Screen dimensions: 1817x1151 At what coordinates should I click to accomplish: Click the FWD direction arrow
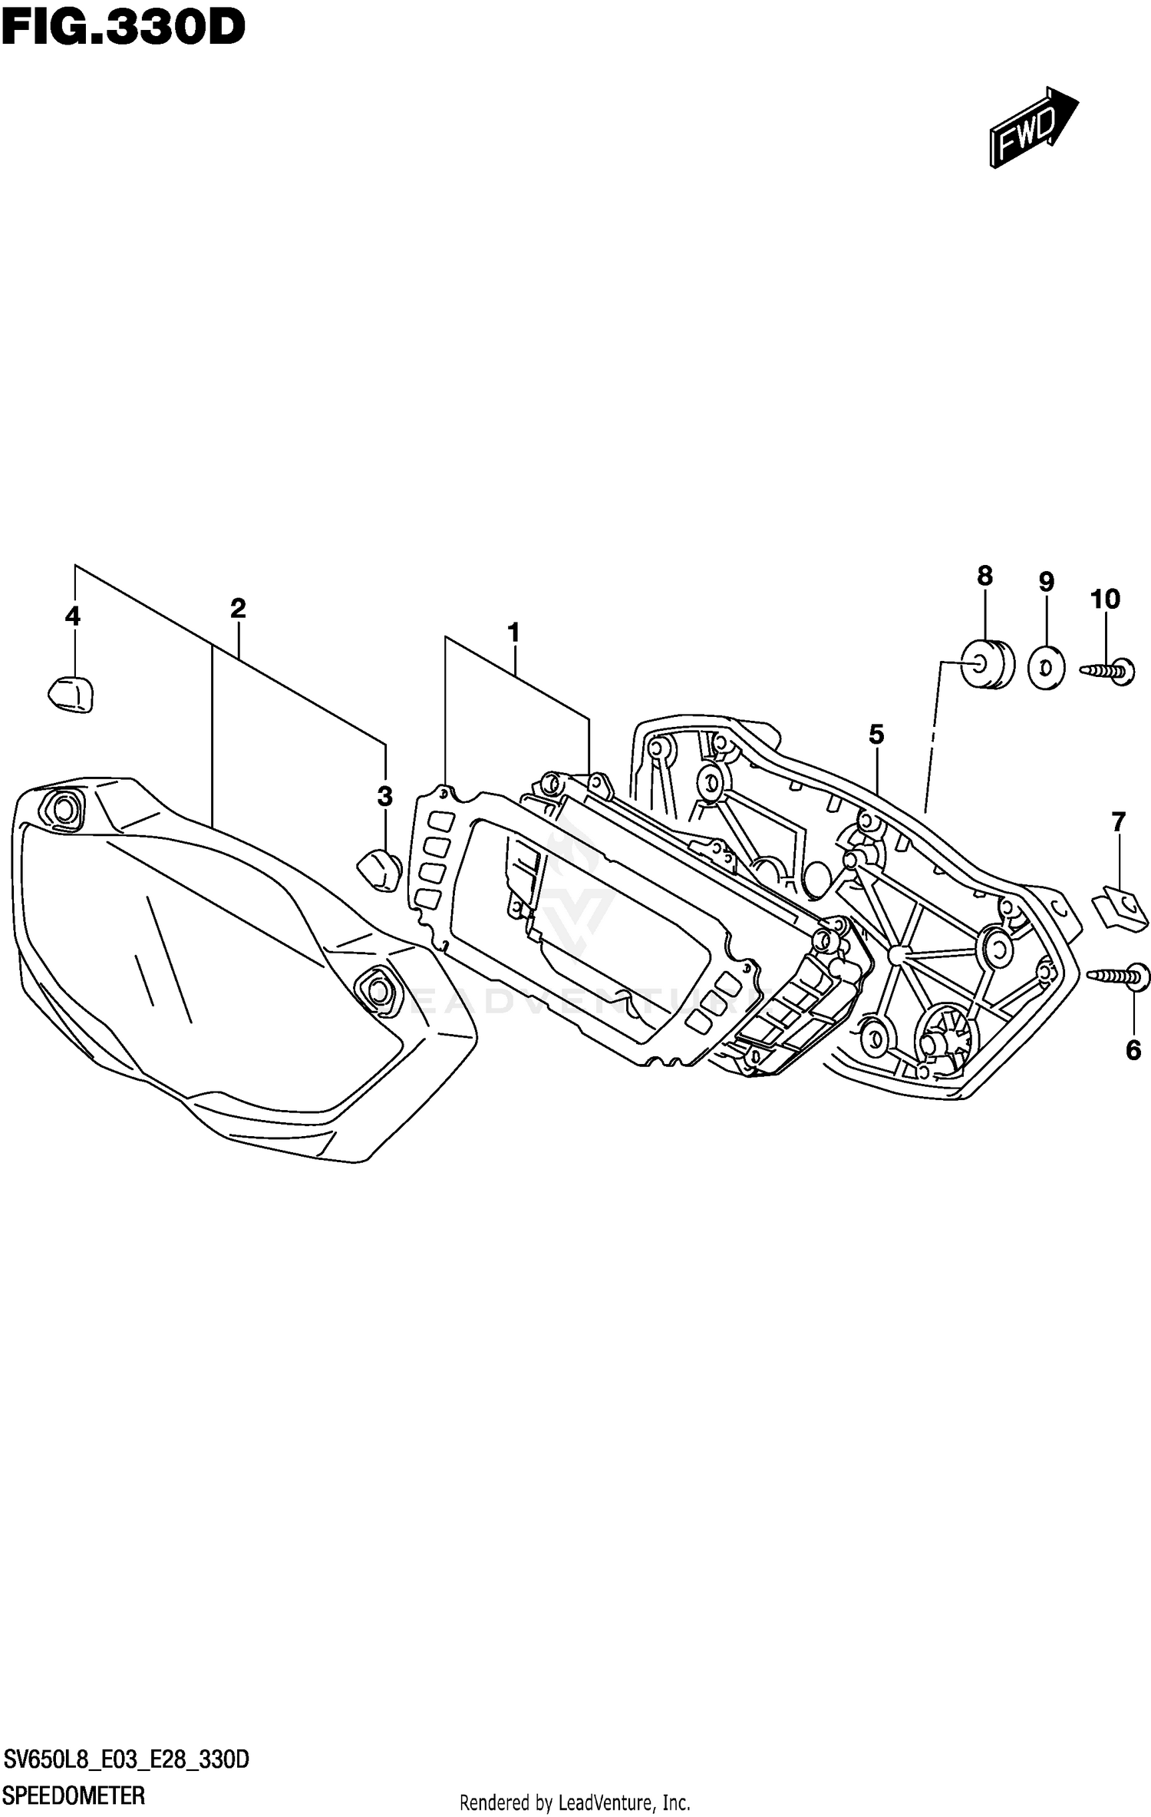[1033, 127]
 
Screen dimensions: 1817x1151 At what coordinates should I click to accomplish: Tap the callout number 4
[72, 616]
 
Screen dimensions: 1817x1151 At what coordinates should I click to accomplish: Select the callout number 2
[238, 609]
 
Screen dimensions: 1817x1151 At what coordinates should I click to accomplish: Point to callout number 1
[513, 633]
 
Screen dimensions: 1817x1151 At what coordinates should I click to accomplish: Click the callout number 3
[384, 796]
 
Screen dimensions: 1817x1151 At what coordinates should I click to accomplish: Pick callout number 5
[876, 735]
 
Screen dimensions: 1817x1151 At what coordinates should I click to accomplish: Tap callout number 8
[984, 576]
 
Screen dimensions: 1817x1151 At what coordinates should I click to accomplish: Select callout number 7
[1118, 822]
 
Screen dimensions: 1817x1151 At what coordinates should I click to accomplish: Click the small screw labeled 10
[1110, 670]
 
